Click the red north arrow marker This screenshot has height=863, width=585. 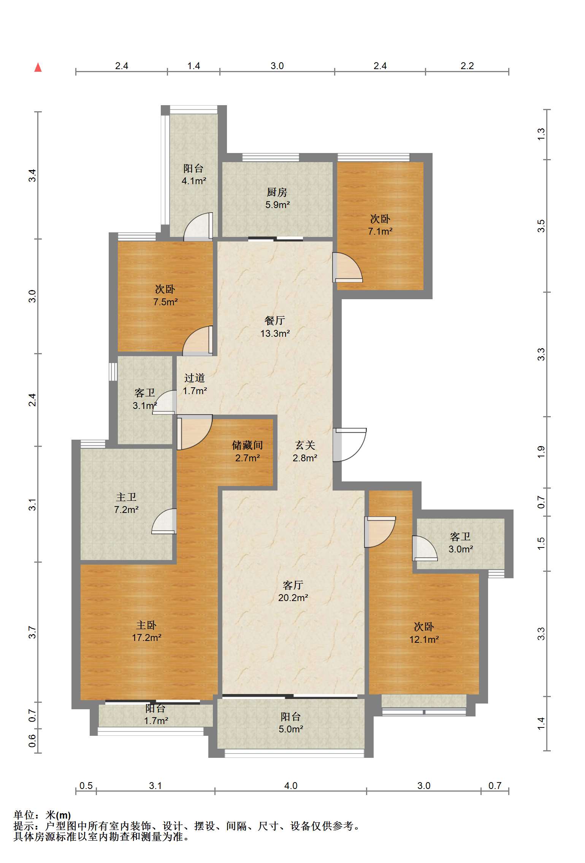pos(38,68)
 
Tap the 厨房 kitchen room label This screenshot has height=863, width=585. pos(277,192)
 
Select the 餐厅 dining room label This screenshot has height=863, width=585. pos(275,321)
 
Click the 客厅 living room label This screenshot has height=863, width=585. pos(293,585)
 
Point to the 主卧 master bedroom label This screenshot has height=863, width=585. pos(146,625)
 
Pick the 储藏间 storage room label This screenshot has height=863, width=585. pos(247,445)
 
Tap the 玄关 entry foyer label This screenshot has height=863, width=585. pos(305,445)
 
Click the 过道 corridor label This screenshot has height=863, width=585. pos(195,378)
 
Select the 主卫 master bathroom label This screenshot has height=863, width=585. pos(126,497)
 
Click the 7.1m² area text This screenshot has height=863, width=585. pos(380,231)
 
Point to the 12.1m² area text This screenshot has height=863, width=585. pos(424,639)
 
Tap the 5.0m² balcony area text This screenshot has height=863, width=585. pos(291,729)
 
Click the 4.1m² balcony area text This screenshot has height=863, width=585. pos(194,181)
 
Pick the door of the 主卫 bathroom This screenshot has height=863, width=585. pos(164,521)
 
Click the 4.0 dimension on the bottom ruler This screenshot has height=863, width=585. pos(291,786)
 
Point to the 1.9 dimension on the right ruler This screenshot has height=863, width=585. pos(541,452)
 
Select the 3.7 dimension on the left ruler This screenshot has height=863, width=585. pos(32,632)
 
